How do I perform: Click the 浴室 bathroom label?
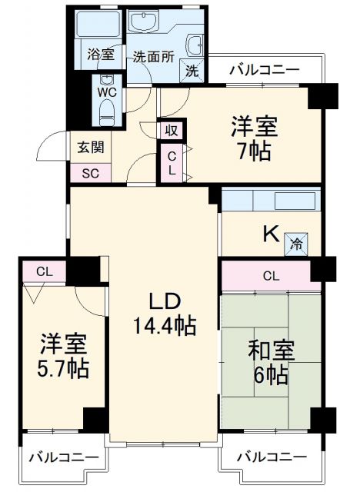(x=101, y=55)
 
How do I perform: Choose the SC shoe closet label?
(x=90, y=172)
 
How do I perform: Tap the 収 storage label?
(x=171, y=130)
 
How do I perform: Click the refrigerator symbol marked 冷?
(x=296, y=244)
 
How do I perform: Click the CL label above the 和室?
(x=270, y=276)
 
